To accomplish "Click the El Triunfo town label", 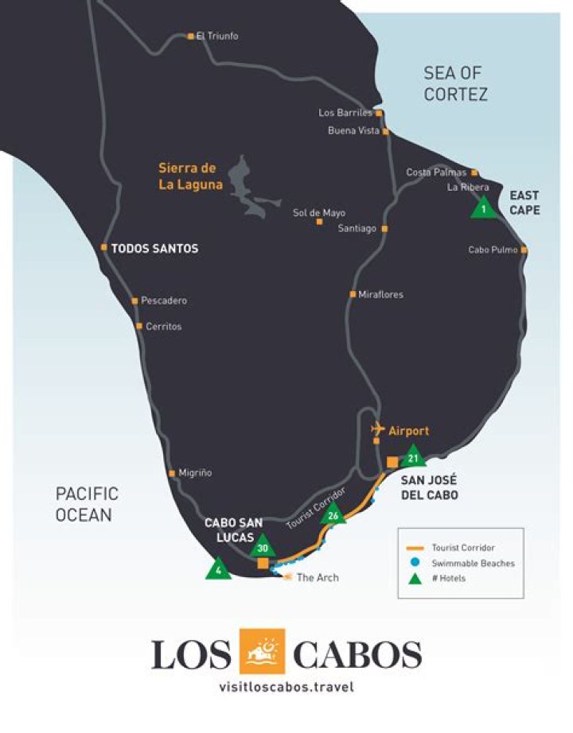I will (x=216, y=37).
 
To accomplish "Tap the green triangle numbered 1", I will (x=483, y=208).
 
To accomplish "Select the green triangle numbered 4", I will (x=218, y=569).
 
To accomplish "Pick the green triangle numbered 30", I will (x=263, y=546).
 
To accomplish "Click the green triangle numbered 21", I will (x=412, y=457).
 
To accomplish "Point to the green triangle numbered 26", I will (x=333, y=514).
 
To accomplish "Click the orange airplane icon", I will (x=378, y=429).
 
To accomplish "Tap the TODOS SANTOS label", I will (x=154, y=249).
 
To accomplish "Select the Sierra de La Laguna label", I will (x=187, y=176).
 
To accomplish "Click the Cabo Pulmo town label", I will (x=493, y=250).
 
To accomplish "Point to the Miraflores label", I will (x=380, y=295).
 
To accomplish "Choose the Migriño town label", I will (x=194, y=473).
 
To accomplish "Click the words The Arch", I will (x=318, y=577).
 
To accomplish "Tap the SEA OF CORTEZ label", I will (x=455, y=83).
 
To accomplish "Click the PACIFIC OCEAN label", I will (x=87, y=504).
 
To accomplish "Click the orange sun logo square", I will (x=262, y=652).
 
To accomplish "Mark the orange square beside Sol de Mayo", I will (x=319, y=221).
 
